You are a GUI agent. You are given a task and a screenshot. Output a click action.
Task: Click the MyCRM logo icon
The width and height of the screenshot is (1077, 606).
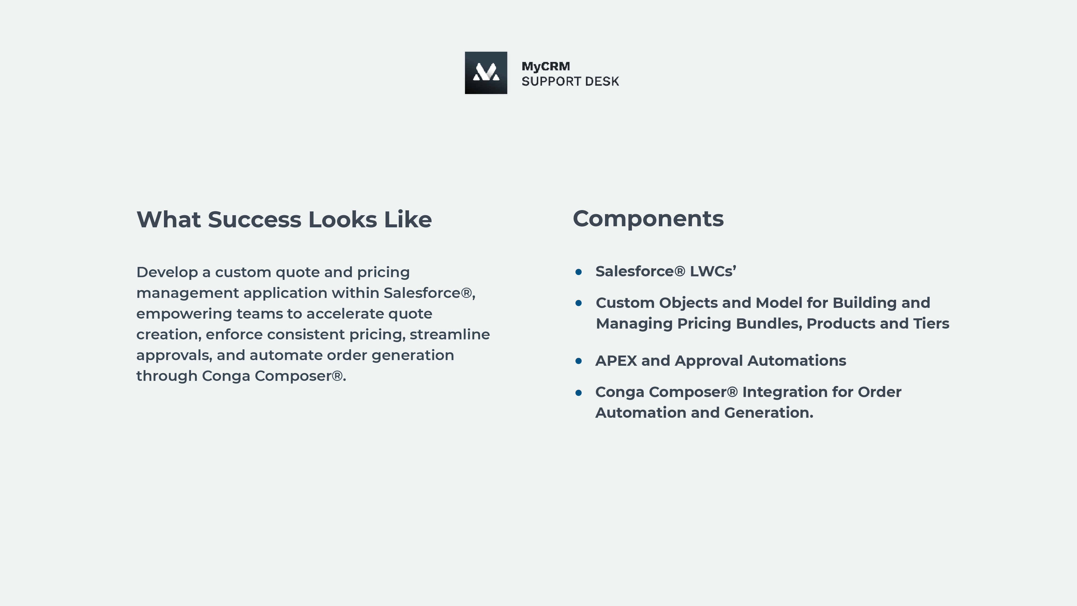point(486,73)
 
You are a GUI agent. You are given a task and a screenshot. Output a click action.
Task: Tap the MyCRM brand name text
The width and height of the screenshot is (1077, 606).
point(546,67)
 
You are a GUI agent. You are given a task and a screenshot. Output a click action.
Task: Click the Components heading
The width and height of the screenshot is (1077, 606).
point(648,219)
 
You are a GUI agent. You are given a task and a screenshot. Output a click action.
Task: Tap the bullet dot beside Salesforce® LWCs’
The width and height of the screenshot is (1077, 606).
point(579,272)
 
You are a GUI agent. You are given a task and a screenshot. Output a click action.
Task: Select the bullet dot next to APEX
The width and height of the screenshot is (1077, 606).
point(579,361)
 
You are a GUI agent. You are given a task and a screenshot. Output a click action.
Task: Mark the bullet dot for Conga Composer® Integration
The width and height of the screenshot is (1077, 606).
point(579,392)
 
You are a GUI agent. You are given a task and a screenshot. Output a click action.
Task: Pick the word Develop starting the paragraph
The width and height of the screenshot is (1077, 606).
point(167,273)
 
